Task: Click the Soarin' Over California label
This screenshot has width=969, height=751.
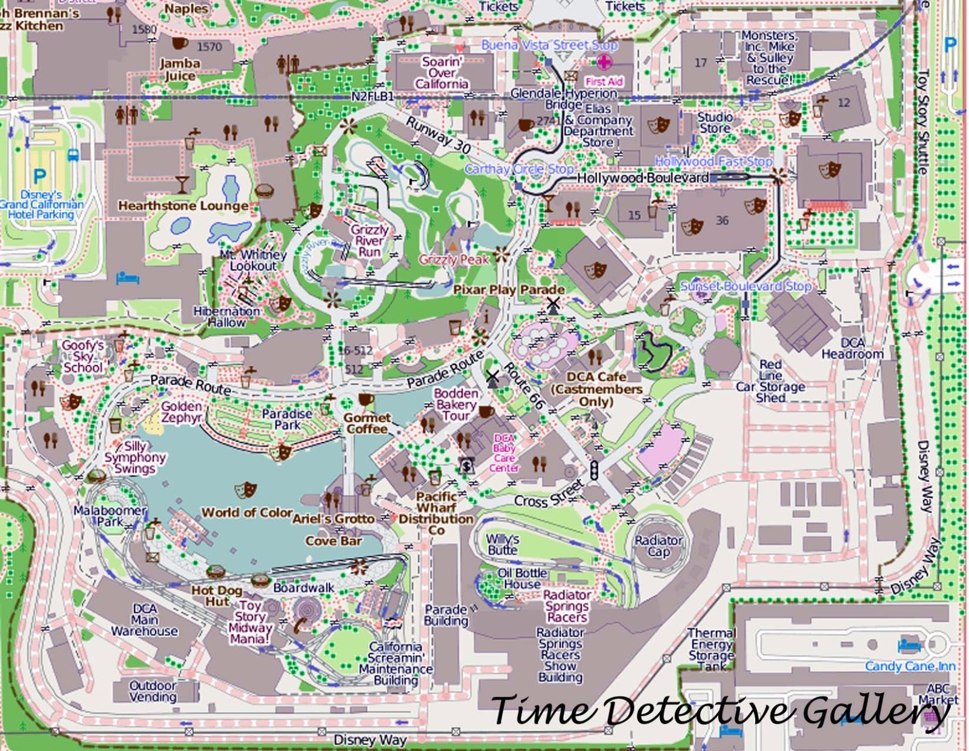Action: click(x=442, y=73)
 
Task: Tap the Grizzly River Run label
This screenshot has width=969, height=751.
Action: click(x=369, y=241)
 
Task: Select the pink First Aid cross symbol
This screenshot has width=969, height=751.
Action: click(x=604, y=62)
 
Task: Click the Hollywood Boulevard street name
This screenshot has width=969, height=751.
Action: click(x=643, y=178)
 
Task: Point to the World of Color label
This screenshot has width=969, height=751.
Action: click(x=246, y=513)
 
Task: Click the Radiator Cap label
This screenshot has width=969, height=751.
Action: click(x=658, y=546)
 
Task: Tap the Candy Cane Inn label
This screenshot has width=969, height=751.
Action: click(x=910, y=666)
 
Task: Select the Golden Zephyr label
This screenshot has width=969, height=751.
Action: click(x=181, y=412)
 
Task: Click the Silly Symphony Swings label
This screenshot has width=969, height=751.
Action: click(x=134, y=458)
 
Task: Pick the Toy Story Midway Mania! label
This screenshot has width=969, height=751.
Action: click(x=250, y=622)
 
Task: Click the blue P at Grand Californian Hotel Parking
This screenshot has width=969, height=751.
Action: click(x=39, y=176)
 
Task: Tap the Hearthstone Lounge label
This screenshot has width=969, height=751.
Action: click(x=183, y=206)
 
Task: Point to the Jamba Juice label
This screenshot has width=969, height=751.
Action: click(x=180, y=69)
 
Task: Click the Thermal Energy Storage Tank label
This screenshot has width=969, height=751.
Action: click(x=711, y=649)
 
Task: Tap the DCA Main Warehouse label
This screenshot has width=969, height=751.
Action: click(x=144, y=620)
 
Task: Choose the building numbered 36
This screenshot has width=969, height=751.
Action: click(x=722, y=221)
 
